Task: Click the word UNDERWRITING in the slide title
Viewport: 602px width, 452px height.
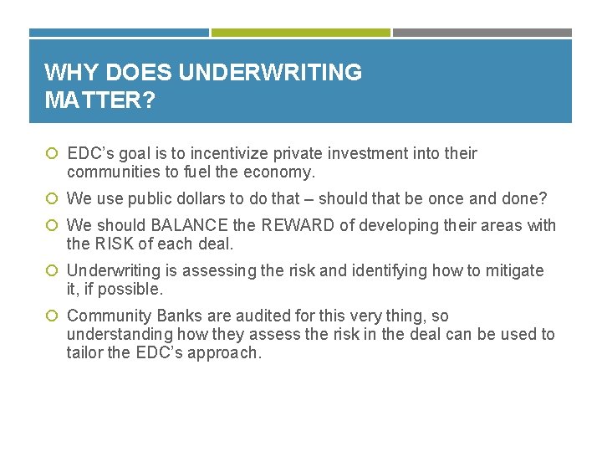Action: (270, 73)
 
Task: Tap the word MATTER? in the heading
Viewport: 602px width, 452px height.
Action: (99, 100)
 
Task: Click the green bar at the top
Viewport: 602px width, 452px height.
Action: (300, 33)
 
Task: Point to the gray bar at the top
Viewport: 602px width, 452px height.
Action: (482, 33)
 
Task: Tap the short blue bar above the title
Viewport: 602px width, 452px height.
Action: (119, 33)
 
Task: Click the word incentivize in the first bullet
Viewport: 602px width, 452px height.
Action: (230, 153)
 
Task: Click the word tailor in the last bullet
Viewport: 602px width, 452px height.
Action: (85, 352)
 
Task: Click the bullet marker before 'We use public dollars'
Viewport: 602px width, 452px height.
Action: (52, 199)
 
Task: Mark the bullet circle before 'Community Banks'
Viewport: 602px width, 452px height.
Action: (52, 316)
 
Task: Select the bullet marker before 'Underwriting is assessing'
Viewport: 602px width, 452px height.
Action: (52, 271)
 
